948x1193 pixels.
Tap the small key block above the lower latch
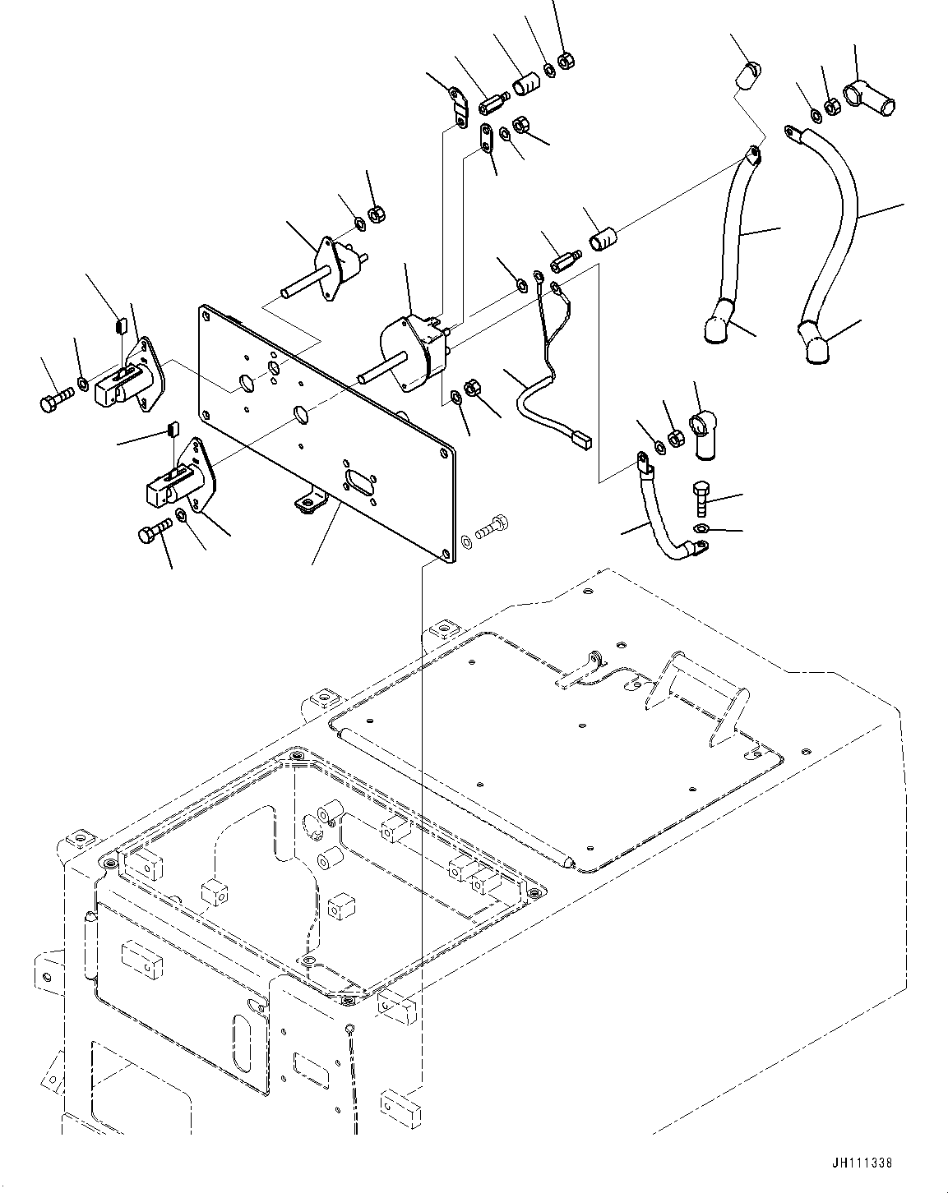point(173,428)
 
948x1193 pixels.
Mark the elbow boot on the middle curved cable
point(717,321)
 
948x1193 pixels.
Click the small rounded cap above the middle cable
point(745,75)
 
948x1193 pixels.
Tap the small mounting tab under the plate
point(306,504)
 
